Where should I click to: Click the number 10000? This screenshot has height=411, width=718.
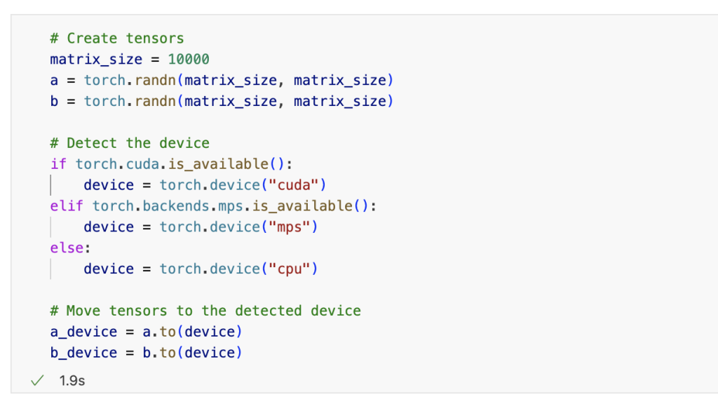tap(188, 60)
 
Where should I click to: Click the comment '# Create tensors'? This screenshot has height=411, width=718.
tap(117, 39)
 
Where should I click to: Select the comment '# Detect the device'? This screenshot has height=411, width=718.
tap(130, 143)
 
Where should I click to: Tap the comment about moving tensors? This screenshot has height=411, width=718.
tap(205, 311)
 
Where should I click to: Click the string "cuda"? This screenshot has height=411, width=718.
tap(298, 185)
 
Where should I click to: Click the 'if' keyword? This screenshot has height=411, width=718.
tap(58, 164)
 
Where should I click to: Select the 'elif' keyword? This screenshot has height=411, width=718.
tap(67, 206)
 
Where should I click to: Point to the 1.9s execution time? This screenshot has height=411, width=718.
tap(72, 381)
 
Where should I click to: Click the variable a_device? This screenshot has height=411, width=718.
tap(83, 332)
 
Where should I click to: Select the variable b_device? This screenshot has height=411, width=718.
tap(83, 353)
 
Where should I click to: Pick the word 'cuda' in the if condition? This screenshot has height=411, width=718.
tap(142, 164)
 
